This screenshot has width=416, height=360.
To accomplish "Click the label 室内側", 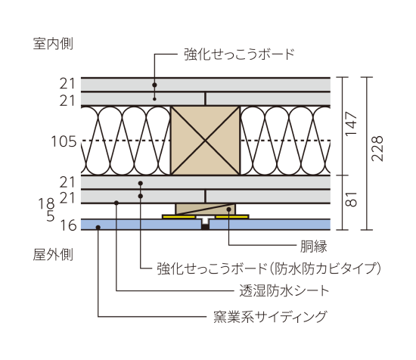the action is pos(53,44).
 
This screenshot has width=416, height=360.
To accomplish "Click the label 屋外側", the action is pos(53,254).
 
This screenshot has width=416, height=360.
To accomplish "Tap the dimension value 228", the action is pos(377,148).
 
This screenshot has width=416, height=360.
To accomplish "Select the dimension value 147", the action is pos(351,124).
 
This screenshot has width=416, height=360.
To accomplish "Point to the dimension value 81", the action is pos(351,199).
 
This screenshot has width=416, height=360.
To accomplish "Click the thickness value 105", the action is pos(64,141).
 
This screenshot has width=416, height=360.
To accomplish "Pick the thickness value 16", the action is pos(68,226).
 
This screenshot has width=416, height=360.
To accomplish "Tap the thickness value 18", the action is pos(47,203).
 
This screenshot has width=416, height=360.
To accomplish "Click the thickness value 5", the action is pos(51,216).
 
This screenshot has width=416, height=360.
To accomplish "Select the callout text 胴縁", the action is pos(314,247).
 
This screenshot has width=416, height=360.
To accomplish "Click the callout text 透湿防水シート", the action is pos(284,290).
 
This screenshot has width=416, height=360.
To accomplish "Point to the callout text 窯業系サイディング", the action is pos(270,316).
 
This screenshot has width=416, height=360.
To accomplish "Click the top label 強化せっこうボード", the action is pos(240,54).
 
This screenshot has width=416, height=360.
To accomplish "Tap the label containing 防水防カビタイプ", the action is pos(269,268).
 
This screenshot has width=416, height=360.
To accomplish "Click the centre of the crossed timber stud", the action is pos(205,141).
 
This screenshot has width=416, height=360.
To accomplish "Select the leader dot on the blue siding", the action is pos(98,228).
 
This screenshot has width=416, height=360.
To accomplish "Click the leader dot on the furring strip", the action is pos(228,209).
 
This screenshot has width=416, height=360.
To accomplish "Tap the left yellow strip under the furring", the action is pos(179,217).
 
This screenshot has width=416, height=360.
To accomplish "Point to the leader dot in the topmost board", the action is pos(154,85).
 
